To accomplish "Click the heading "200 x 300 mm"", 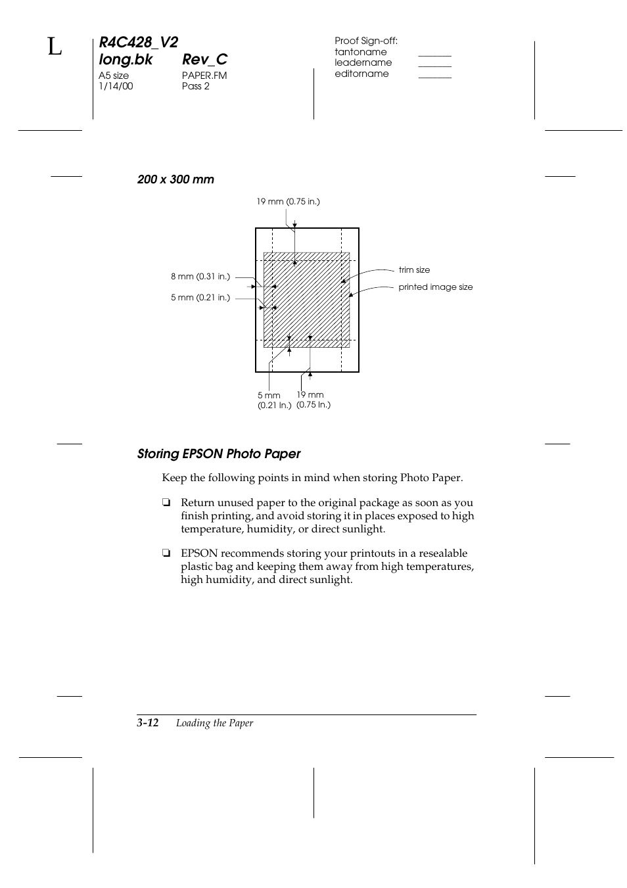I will (175, 179).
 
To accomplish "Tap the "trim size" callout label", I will (414, 270).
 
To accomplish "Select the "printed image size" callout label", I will (435, 287).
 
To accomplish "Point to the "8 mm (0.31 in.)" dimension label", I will (200, 277).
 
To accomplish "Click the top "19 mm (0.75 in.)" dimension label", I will (288, 202).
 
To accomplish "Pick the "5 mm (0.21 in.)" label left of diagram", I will (200, 298).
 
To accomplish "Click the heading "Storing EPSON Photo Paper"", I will (219, 454).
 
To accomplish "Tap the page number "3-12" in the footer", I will (148, 723).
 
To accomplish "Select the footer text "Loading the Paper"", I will (214, 723).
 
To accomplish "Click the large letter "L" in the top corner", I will (55, 48).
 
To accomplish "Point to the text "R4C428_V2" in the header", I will (138, 43).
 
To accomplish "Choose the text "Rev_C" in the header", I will (204, 59).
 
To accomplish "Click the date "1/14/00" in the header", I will (116, 86).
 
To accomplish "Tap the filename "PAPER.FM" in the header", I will (204, 76).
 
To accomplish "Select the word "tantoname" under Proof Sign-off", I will (360, 52).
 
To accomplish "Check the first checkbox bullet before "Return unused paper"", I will (166, 503).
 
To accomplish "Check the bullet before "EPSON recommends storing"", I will (166, 554).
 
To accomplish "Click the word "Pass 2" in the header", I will (196, 86).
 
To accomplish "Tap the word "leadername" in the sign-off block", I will (363, 62).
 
